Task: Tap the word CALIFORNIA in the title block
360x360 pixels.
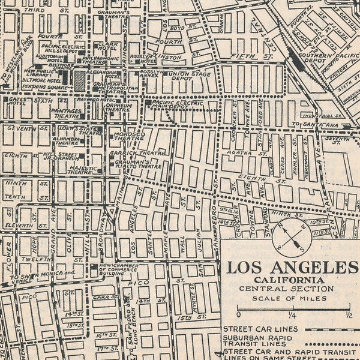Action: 289,280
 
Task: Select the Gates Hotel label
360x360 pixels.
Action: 19,102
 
